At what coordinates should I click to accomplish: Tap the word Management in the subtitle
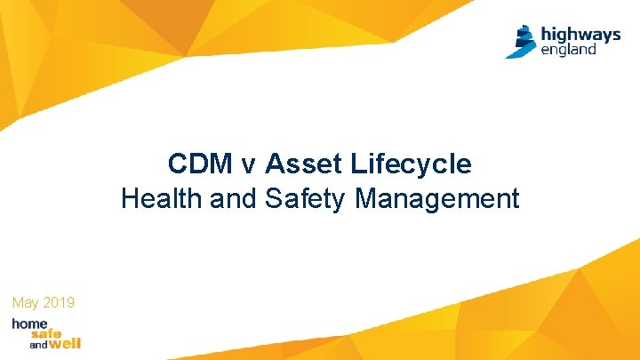click(437, 199)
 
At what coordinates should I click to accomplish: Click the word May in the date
click(26, 304)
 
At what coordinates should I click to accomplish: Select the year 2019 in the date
click(60, 304)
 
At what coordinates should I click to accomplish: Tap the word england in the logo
click(569, 50)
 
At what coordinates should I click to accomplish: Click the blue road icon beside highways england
click(521, 41)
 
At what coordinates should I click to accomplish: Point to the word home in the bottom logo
click(30, 324)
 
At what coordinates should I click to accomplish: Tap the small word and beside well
click(38, 344)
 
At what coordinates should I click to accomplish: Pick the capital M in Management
click(365, 199)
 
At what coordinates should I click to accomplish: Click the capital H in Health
click(130, 199)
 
